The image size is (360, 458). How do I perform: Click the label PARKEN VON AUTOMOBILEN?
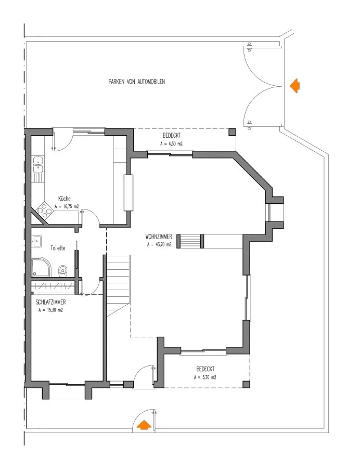point(136,82)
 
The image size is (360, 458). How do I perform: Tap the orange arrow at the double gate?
point(295,86)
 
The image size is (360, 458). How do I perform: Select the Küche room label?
point(65,199)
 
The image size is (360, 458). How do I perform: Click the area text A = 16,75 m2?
point(67,206)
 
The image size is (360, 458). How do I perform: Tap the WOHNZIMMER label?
point(159,237)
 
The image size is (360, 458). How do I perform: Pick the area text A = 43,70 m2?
point(159,244)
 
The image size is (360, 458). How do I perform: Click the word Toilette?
point(58,248)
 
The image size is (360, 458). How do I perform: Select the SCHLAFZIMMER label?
point(50,303)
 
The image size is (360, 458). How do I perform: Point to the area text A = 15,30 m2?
point(50,310)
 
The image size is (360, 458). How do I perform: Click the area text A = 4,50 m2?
point(172,143)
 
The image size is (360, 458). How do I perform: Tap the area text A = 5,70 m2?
point(205,377)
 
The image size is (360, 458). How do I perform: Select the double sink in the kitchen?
point(38,165)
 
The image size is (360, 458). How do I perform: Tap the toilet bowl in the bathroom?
point(63,271)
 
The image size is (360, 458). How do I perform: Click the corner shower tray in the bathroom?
point(41,267)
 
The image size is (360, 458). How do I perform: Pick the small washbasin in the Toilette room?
point(37,241)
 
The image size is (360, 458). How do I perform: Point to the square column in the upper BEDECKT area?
point(232,132)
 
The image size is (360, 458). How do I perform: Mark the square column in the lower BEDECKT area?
point(246,384)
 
